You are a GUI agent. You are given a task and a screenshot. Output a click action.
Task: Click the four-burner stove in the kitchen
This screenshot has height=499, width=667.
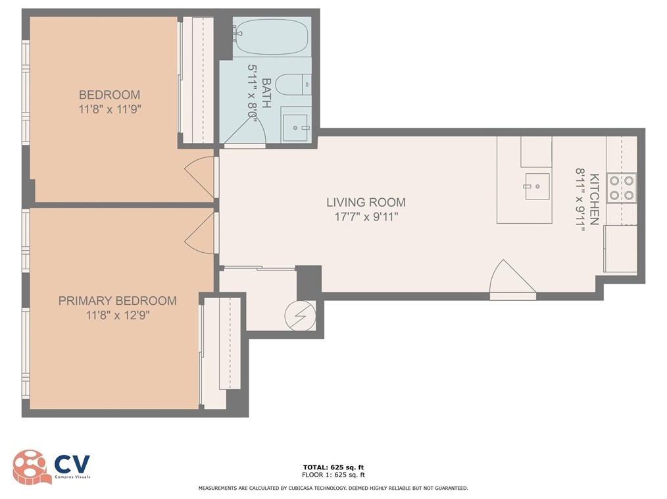click(x=621, y=188)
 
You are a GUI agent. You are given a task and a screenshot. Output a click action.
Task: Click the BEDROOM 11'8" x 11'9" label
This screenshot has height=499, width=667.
click(x=109, y=101)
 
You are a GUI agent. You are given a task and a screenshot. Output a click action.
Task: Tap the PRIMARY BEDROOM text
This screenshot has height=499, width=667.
click(x=117, y=301)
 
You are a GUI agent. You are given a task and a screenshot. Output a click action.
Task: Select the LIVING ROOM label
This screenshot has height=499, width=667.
click(x=367, y=202)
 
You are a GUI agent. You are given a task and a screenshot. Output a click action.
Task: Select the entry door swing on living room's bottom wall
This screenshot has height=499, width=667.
click(x=511, y=279)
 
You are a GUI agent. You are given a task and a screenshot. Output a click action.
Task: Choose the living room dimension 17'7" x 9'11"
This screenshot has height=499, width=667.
click(x=367, y=216)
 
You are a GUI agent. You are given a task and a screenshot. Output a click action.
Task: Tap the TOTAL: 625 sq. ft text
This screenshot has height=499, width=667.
click(x=333, y=467)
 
